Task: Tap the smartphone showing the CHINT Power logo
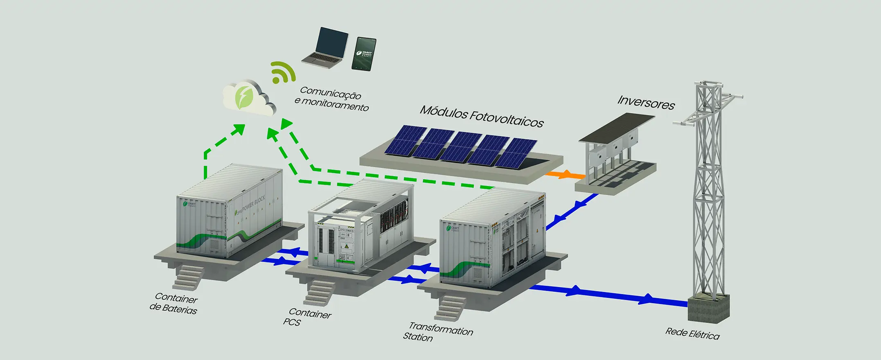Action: pyautogui.click(x=364, y=54)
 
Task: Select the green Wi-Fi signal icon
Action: pyautogui.click(x=282, y=73)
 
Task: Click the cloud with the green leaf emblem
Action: pyautogui.click(x=248, y=98)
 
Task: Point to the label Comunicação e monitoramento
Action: pyautogui.click(x=331, y=99)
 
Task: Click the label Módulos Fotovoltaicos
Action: pyautogui.click(x=482, y=116)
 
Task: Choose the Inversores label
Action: pyautogui.click(x=646, y=102)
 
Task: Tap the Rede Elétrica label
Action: pyautogui.click(x=692, y=333)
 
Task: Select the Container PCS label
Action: pyautogui.click(x=307, y=317)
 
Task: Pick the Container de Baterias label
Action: pyautogui.click(x=173, y=303)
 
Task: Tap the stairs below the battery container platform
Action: pyautogui.click(x=188, y=277)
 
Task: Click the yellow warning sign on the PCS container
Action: pyautogui.click(x=347, y=247)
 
